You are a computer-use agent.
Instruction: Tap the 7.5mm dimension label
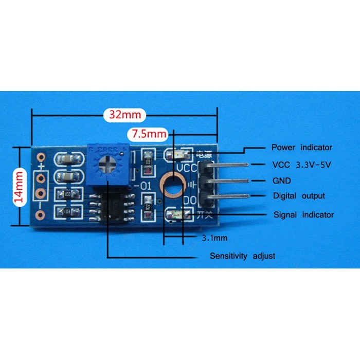click(149, 134)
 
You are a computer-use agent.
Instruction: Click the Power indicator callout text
click(302, 148)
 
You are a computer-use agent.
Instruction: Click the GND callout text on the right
click(281, 181)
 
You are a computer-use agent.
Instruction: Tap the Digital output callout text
click(298, 196)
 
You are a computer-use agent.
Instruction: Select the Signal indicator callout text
click(303, 214)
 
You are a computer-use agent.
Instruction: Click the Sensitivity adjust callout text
click(242, 256)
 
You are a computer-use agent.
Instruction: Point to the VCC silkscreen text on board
click(186, 168)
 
